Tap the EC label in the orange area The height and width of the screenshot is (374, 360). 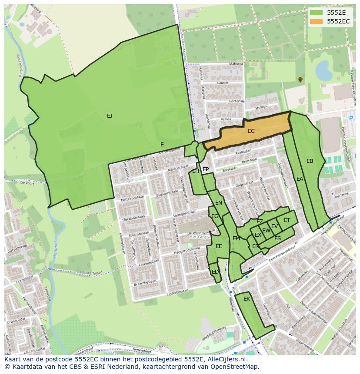251,131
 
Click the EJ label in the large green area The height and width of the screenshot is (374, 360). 110,116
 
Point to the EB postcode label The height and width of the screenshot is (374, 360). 310,161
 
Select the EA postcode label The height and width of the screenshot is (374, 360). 300,179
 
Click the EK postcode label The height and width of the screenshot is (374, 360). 247,299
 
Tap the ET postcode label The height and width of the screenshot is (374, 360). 287,220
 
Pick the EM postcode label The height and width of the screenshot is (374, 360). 236,238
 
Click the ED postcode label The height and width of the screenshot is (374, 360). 215,272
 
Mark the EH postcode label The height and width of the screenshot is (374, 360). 196,171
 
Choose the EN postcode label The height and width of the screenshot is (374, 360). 219,203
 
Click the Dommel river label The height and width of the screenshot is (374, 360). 55,249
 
